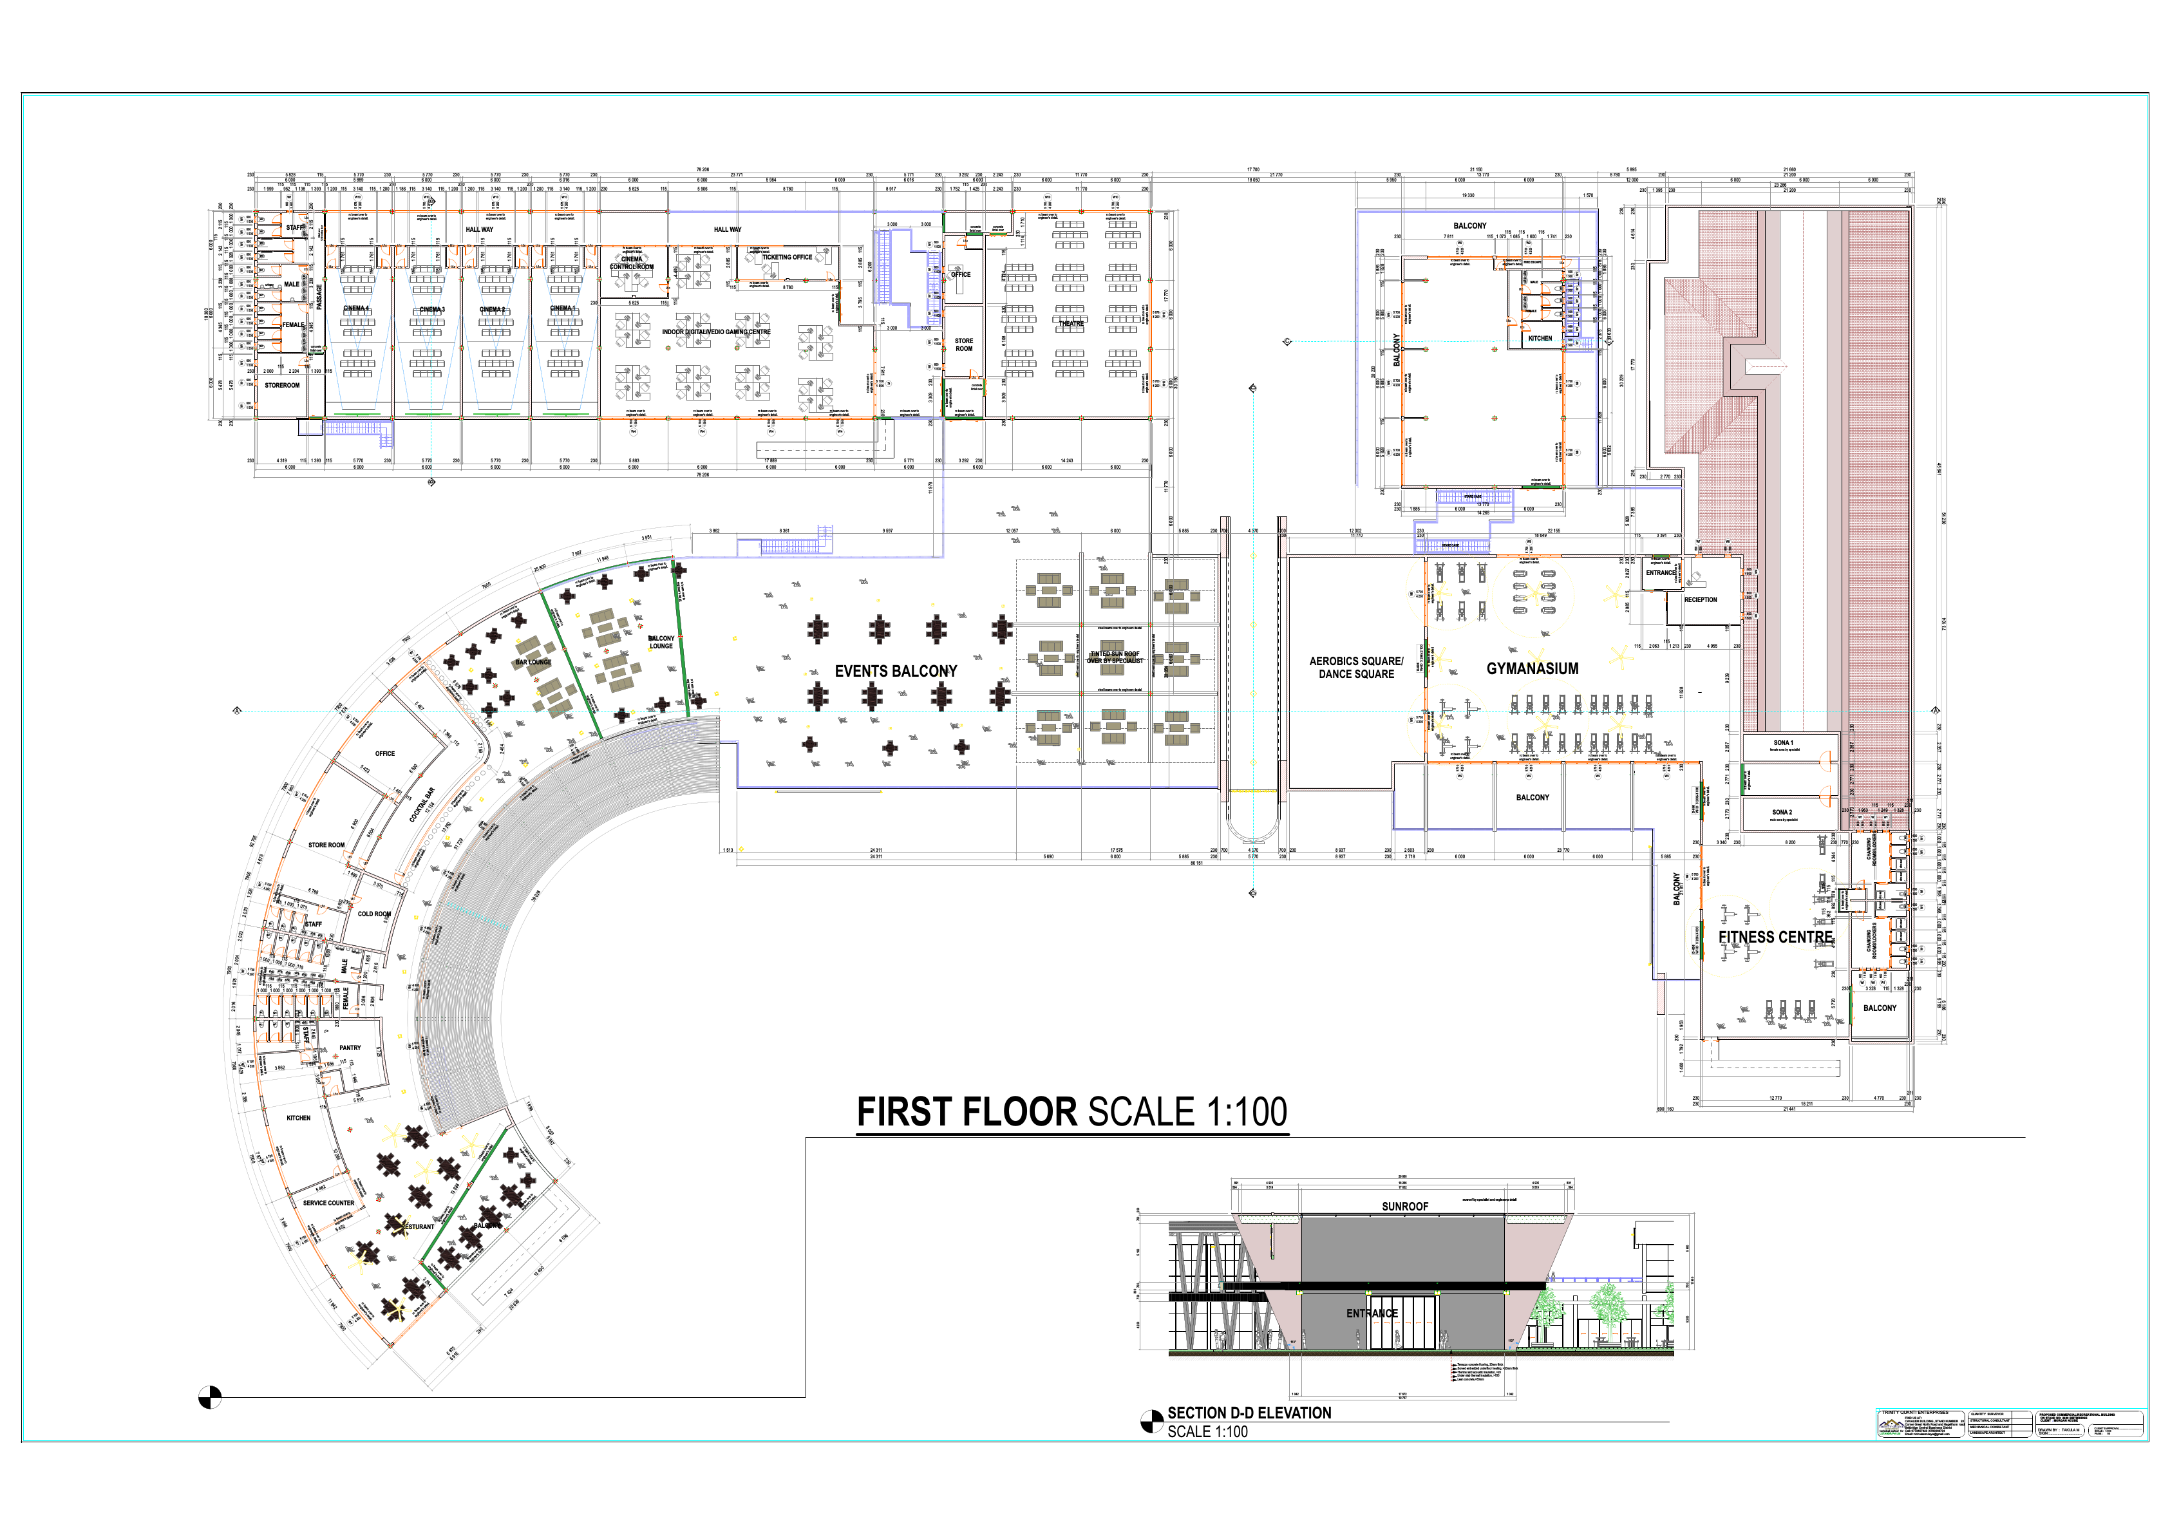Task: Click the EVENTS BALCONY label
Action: pos(895,671)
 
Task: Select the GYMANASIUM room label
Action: pos(1532,668)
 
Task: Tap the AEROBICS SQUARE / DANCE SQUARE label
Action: pos(1356,667)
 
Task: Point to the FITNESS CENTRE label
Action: pos(1775,937)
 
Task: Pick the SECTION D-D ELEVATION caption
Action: pos(1249,1412)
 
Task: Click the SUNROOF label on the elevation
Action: pos(1404,1206)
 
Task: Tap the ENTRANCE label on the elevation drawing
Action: pos(1372,1313)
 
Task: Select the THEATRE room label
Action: pos(1071,323)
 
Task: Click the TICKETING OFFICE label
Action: pos(786,257)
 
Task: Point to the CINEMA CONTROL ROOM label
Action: pos(631,263)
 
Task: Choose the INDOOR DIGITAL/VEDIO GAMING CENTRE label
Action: pos(715,332)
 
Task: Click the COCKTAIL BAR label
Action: pos(422,804)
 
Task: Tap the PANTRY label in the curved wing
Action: pos(350,1048)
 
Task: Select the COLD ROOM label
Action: pos(374,914)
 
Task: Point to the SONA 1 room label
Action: pos(1782,743)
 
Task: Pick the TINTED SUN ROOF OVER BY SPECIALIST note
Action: pos(1115,657)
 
